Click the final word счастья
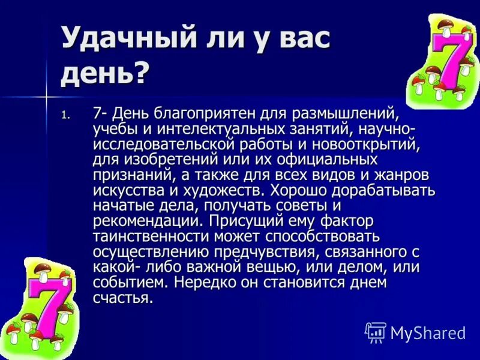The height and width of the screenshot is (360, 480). pyautogui.click(x=122, y=298)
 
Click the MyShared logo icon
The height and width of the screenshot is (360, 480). pyautogui.click(x=376, y=332)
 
